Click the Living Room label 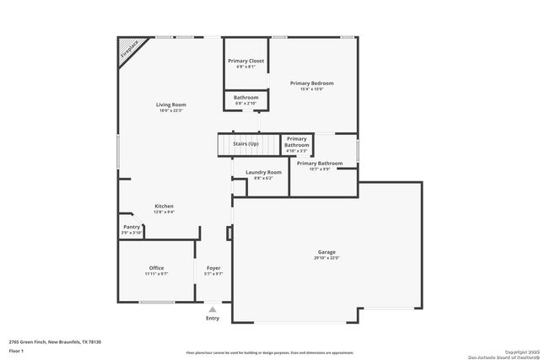[x=170, y=105]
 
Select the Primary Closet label [x=245, y=61]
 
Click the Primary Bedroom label [x=311, y=83]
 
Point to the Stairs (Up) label [x=246, y=144]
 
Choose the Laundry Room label [x=263, y=172]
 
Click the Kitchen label [x=164, y=206]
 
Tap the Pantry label [x=132, y=227]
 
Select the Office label [x=156, y=268]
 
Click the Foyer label [x=213, y=268]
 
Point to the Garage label [x=327, y=252]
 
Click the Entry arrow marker [x=213, y=309]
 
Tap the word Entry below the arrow [x=213, y=318]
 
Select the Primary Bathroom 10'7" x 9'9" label [x=319, y=163]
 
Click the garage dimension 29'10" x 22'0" [x=327, y=258]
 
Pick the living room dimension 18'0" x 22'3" [x=170, y=110]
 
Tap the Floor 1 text [x=17, y=351]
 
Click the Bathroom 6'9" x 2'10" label [x=246, y=98]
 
